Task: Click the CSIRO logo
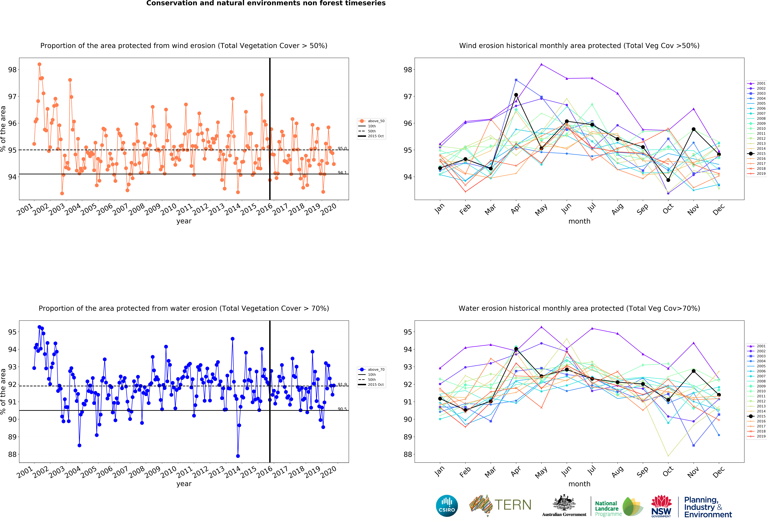[x=447, y=505]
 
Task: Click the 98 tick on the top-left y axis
[x=12, y=70]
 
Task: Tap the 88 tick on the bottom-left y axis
[x=12, y=454]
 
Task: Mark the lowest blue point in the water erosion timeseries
[x=238, y=456]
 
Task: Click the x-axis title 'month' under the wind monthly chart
[x=579, y=221]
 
